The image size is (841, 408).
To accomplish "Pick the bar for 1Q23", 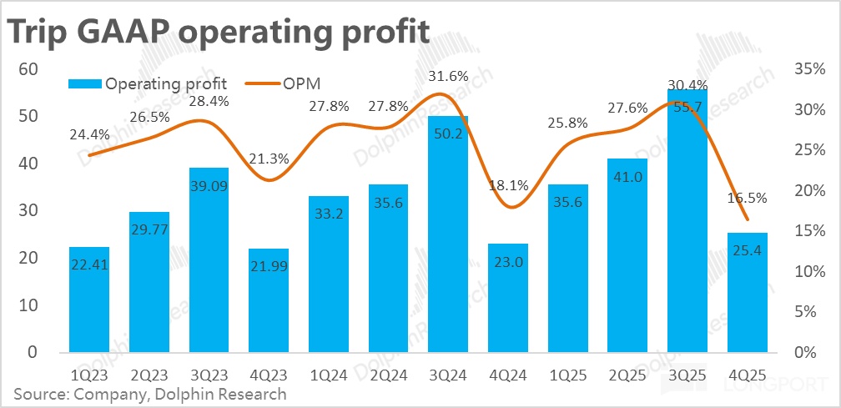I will click(x=89, y=299).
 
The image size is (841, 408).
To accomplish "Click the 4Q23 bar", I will click(x=269, y=300).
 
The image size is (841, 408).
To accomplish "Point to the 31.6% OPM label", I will click(x=447, y=78).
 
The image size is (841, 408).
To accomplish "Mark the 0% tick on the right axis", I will click(x=813, y=353).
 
